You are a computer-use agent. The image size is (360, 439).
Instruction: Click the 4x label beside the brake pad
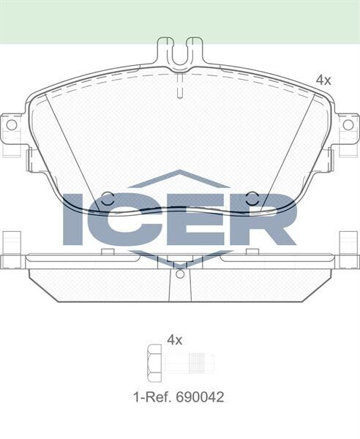coord(323,80)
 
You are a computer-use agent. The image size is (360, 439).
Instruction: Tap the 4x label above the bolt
coord(174,339)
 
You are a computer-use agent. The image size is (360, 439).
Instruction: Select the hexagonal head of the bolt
coord(154,362)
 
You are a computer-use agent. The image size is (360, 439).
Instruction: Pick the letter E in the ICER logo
coord(192,219)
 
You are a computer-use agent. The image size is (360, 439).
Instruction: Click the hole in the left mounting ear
coord(12,124)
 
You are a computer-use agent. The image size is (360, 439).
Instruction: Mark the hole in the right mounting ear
coord(348,124)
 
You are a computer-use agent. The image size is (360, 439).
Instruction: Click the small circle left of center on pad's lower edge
coord(107,198)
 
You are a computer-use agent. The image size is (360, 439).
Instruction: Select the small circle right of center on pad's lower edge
coord(252,198)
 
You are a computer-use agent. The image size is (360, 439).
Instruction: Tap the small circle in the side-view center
coord(180,274)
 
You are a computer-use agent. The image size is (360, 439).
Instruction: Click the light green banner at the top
coord(180,20)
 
